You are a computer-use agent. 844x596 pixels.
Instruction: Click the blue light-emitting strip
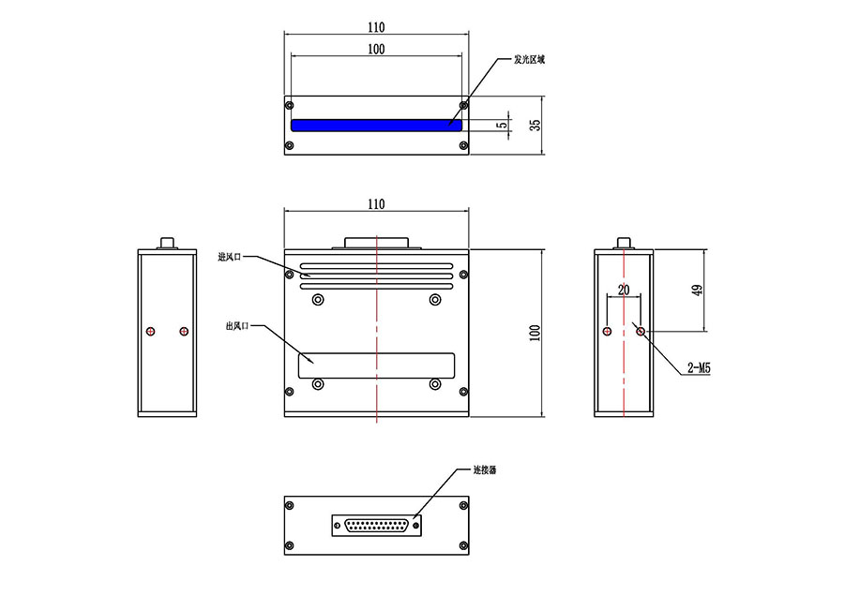coord(375,126)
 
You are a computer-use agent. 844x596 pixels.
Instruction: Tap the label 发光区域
coord(528,59)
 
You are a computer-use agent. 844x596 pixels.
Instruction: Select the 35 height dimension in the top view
coord(535,124)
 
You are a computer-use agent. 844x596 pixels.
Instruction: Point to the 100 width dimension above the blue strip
coord(375,50)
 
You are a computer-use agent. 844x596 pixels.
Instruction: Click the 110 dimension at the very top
coord(375,28)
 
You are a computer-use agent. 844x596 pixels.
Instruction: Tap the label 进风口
coord(231,257)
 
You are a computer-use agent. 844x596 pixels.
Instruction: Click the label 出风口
coord(237,326)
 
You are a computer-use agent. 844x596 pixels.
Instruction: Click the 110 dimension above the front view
coord(375,204)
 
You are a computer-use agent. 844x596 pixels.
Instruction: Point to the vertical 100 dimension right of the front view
coord(535,333)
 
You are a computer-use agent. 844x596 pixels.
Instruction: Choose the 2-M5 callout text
coord(699,369)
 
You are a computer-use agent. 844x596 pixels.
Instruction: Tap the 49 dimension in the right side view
coord(697,290)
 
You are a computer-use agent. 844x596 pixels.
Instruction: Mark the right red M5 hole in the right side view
coord(640,331)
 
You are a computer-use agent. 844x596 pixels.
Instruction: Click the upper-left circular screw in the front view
coord(319,300)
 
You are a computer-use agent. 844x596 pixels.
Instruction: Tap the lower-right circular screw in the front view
coord(434,384)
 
